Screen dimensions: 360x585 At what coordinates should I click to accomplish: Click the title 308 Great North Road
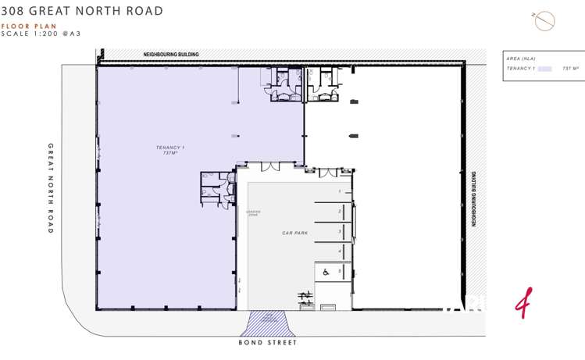pyautogui.click(x=83, y=11)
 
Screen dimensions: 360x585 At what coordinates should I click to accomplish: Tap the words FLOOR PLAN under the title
pyautogui.click(x=29, y=26)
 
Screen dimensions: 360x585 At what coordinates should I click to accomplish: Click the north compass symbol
pyautogui.click(x=544, y=21)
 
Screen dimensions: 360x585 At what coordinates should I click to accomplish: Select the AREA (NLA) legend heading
pyautogui.click(x=521, y=59)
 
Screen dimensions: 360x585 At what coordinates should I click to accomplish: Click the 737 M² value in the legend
pyautogui.click(x=570, y=69)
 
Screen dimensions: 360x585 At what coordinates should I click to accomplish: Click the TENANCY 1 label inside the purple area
pyautogui.click(x=170, y=148)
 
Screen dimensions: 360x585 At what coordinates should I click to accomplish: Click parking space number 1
pyautogui.click(x=340, y=191)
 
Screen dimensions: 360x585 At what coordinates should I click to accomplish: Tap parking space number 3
pyautogui.click(x=340, y=232)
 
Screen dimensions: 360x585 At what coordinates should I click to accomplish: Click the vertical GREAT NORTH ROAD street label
pyautogui.click(x=51, y=188)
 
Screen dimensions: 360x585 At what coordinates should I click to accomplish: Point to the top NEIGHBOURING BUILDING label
pyautogui.click(x=170, y=55)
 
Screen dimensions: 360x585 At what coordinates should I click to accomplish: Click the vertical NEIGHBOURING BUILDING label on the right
pyautogui.click(x=473, y=199)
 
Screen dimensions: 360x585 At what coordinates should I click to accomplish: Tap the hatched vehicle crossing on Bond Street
pyautogui.click(x=268, y=323)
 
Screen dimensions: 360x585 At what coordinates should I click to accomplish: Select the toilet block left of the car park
pyautogui.click(x=218, y=187)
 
